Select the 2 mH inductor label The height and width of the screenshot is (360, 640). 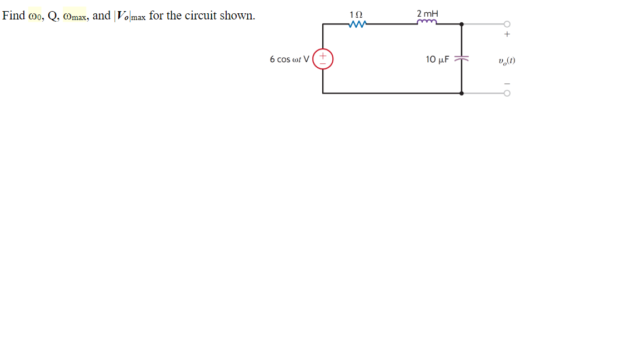click(427, 13)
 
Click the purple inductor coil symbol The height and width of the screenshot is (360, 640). click(427, 23)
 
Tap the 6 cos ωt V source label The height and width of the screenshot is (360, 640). click(289, 59)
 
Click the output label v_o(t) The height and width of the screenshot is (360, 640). click(507, 60)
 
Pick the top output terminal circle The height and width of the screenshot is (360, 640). click(507, 24)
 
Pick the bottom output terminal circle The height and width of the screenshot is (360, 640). click(507, 93)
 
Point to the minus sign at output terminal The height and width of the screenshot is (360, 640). click(507, 84)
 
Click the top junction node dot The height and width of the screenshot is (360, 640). click(462, 24)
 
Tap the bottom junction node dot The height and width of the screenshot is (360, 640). click(462, 93)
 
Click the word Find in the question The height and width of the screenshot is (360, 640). click(14, 16)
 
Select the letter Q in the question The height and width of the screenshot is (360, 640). click(52, 16)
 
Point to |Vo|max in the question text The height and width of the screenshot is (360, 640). click(129, 16)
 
